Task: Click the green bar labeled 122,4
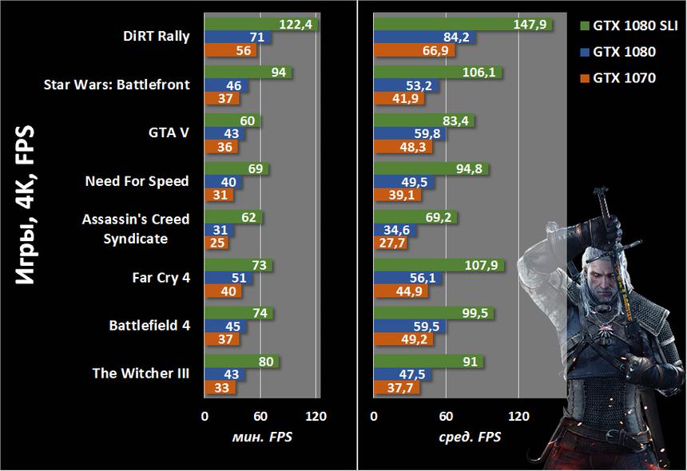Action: (x=261, y=25)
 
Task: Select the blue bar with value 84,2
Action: (x=425, y=38)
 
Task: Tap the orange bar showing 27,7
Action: (x=391, y=243)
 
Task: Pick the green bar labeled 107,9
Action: (x=439, y=265)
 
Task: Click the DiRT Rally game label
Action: (x=157, y=37)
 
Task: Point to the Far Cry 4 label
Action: (x=161, y=278)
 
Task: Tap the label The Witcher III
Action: (x=141, y=373)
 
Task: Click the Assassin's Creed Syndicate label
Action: (x=136, y=228)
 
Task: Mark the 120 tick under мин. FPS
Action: (x=317, y=416)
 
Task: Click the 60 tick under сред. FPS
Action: (x=447, y=416)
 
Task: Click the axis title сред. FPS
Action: (x=471, y=437)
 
